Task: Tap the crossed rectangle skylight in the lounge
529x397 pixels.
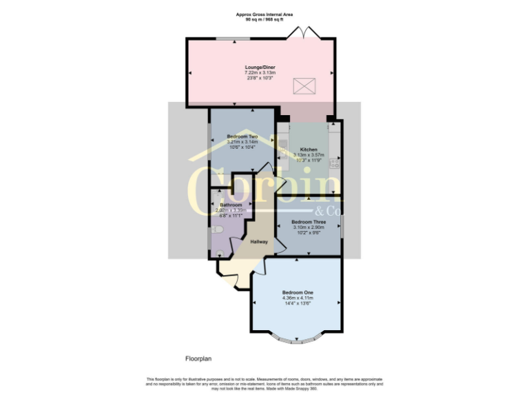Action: point(302,87)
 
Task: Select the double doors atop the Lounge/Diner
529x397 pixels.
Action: point(304,33)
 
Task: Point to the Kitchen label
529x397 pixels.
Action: point(308,150)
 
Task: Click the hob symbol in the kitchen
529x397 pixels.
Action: point(334,164)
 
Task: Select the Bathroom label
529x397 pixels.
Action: point(231,205)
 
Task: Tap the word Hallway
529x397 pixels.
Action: point(259,242)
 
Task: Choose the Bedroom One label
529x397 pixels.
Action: point(297,292)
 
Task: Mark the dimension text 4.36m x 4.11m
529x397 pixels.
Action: point(297,298)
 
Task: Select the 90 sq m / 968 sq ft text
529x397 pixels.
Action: point(264,19)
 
